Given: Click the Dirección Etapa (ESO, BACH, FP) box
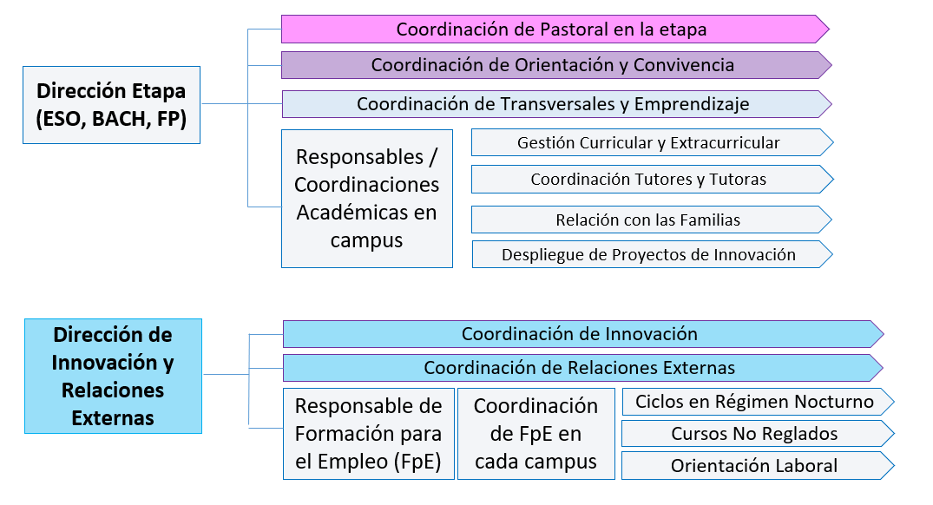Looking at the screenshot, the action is tap(111, 105).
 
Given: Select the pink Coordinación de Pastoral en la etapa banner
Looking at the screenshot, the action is tap(555, 30).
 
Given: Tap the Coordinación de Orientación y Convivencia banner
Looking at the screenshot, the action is tap(556, 65).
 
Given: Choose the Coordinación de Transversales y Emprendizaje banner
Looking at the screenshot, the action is tap(556, 104).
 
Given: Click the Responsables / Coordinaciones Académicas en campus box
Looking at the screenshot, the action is tap(366, 199).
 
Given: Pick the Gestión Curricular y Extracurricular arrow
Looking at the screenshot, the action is tap(652, 143).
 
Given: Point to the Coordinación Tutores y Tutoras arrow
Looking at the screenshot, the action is tap(652, 179).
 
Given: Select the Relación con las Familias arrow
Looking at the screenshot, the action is tap(652, 220).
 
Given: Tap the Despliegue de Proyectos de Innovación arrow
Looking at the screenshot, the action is tap(652, 254).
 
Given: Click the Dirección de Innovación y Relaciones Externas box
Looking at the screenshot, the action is tap(113, 376).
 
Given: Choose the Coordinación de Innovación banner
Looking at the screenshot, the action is tap(583, 334).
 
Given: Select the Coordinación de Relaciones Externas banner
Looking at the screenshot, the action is tap(583, 368).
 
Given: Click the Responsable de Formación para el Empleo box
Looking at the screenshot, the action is tap(368, 434).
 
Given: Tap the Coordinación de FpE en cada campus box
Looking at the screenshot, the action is tap(536, 434).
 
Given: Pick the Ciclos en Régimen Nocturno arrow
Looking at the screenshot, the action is tap(758, 402).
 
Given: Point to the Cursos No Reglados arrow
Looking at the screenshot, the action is tap(758, 434).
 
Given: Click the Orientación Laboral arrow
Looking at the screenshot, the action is tap(758, 466).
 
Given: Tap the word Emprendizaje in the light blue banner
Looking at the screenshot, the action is tap(692, 105).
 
